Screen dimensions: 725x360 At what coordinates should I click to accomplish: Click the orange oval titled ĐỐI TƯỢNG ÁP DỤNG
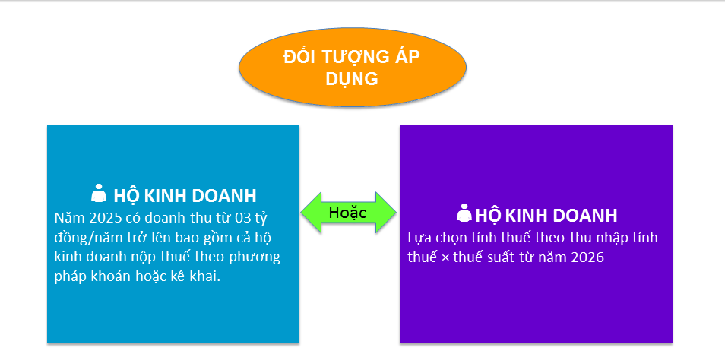pyautogui.click(x=353, y=67)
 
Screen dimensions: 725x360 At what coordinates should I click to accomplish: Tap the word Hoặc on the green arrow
pyautogui.click(x=347, y=212)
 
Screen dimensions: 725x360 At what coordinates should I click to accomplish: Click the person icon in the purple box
pyautogui.click(x=464, y=213)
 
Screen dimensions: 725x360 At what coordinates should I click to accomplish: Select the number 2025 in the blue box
pyautogui.click(x=106, y=217)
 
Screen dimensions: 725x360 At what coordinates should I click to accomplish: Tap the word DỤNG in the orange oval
pyautogui.click(x=352, y=79)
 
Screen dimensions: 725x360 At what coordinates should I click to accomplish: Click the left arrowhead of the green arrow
pyautogui.click(x=310, y=212)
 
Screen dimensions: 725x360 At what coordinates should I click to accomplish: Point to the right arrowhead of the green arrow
pyautogui.click(x=385, y=212)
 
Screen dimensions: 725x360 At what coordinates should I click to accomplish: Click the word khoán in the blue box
pyautogui.click(x=107, y=277)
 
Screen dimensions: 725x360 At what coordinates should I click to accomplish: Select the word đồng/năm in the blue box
pyautogui.click(x=81, y=238)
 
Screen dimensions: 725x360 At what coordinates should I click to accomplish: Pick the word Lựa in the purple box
pyautogui.click(x=419, y=238)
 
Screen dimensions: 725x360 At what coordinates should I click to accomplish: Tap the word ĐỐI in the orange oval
pyautogui.click(x=299, y=56)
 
